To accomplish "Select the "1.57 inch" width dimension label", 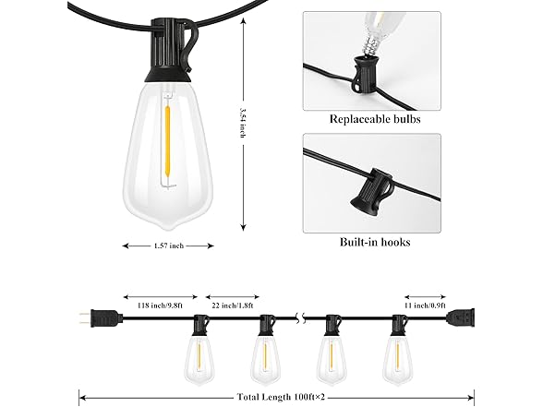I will (x=168, y=245).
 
